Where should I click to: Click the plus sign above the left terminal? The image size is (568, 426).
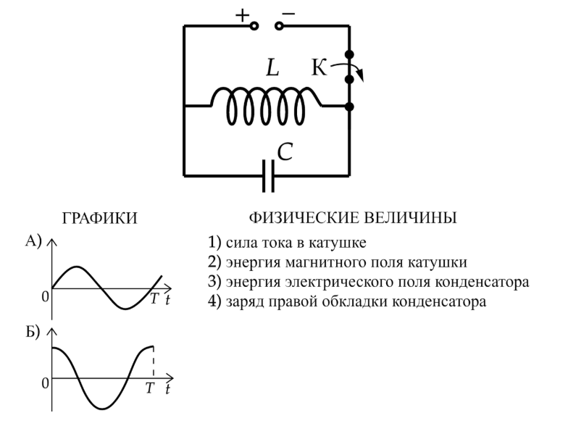tap(242, 16)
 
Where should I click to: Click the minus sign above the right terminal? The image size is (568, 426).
tap(288, 14)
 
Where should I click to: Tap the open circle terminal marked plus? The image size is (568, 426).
tap(254, 26)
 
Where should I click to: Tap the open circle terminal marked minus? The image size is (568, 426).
tap(279, 26)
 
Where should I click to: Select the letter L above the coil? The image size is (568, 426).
tap(272, 68)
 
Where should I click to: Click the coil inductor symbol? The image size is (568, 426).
tap(267, 106)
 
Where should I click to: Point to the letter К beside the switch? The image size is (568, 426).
tap(319, 67)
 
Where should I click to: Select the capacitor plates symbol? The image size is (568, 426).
tap(268, 176)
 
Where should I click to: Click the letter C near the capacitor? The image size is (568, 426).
tap(285, 152)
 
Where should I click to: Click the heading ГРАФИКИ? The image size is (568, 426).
tap(100, 219)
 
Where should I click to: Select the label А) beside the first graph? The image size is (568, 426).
tap(33, 241)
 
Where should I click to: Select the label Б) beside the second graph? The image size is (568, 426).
tap(33, 332)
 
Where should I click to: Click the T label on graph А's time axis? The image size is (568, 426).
tap(154, 298)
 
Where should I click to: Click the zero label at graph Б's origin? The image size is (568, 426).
tap(45, 383)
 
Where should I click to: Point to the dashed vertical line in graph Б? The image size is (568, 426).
tap(154, 362)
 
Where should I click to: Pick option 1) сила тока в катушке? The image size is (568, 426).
tap(287, 242)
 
